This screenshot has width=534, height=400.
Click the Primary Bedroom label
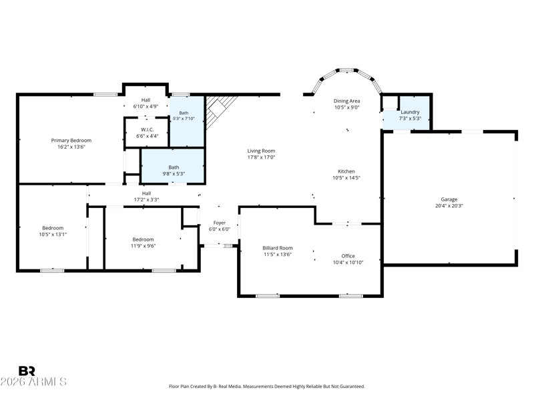(x=71, y=140)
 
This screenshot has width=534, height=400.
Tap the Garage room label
(x=449, y=199)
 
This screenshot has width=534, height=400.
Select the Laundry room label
(x=410, y=112)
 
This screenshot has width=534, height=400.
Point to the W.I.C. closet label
(x=147, y=129)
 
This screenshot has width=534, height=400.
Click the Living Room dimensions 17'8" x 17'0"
(x=261, y=157)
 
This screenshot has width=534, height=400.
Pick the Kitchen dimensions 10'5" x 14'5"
(x=346, y=177)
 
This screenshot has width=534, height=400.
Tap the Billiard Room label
(x=278, y=248)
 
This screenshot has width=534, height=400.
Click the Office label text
(x=348, y=256)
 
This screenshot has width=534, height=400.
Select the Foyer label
(x=220, y=223)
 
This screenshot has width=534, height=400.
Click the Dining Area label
(x=346, y=101)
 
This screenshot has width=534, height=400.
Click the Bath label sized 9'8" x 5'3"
(x=174, y=167)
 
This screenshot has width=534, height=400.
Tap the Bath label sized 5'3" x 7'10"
(x=184, y=113)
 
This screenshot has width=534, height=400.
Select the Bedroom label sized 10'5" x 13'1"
(x=53, y=228)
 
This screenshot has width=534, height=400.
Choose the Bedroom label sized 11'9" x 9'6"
(x=143, y=239)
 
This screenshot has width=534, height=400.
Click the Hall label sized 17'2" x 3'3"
(x=146, y=193)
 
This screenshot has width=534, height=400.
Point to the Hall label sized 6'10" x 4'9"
(x=146, y=100)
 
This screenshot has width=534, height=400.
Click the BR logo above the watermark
(x=27, y=371)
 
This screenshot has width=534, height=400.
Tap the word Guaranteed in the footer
(x=353, y=387)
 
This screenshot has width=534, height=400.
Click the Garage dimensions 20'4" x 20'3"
(x=449, y=206)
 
